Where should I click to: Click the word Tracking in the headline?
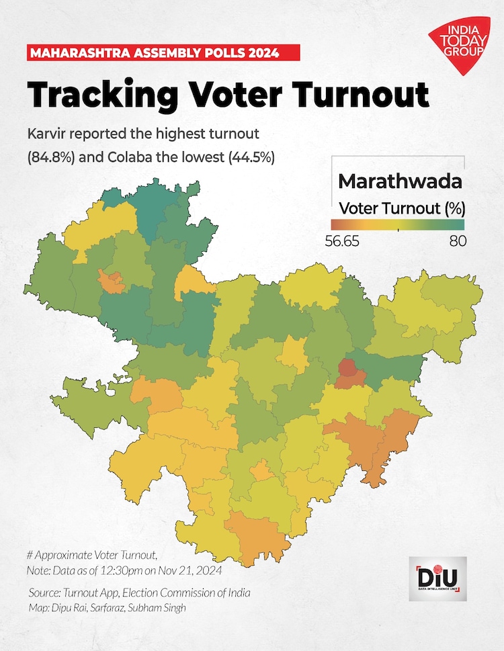[x=96, y=95]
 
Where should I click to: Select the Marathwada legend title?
[x=399, y=181]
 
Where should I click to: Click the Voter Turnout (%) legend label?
[x=402, y=207]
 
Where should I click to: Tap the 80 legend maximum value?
[x=458, y=241]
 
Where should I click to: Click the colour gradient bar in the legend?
[x=397, y=224]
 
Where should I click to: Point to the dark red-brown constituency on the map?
[x=347, y=367]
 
